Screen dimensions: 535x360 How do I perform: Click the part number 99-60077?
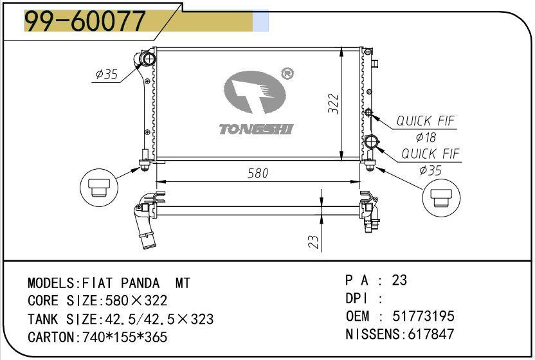click(86, 21)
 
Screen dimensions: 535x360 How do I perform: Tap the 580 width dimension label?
click(258, 174)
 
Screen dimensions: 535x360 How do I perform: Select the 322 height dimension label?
click(332, 104)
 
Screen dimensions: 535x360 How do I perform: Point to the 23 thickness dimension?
click(313, 242)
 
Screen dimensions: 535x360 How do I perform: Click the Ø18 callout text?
click(426, 137)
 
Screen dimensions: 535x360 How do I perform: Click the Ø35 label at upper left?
click(107, 74)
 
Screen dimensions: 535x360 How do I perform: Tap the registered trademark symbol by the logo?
click(287, 73)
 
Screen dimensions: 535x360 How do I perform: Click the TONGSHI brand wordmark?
click(256, 129)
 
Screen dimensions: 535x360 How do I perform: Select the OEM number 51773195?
click(423, 316)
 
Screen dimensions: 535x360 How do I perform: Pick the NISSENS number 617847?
click(431, 334)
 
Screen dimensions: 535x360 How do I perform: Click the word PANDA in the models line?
click(140, 283)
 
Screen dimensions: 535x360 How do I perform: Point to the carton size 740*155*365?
click(125, 337)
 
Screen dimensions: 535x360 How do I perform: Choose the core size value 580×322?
click(136, 301)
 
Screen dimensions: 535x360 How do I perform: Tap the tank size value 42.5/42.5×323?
click(159, 319)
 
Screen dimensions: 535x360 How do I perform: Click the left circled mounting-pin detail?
click(99, 187)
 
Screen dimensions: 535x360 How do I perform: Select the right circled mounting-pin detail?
click(441, 197)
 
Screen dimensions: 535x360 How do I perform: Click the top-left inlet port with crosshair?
click(149, 59)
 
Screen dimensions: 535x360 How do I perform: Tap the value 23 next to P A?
click(399, 280)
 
